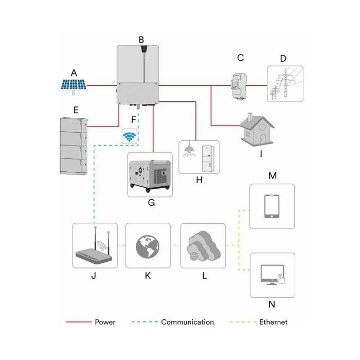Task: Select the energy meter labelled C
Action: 238,82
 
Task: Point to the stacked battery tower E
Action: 73,146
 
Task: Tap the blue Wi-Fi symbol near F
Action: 130,137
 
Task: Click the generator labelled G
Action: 150,174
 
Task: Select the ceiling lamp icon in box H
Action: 189,150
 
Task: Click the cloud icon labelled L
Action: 203,245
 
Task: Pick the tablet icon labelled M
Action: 272,206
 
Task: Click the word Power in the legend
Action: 105,322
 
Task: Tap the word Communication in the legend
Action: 187,322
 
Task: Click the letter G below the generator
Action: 151,203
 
